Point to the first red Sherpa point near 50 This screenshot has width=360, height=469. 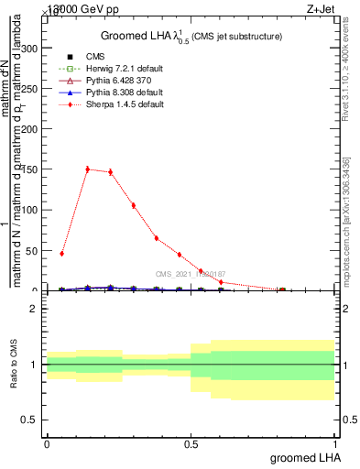(61, 254)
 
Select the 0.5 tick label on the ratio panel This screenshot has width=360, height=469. (29, 420)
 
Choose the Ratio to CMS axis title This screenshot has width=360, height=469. (14, 365)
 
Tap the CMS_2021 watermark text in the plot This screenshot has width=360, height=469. (191, 274)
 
